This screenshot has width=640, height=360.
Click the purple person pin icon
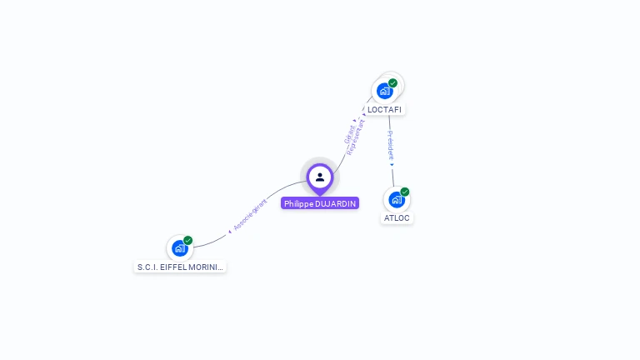320,177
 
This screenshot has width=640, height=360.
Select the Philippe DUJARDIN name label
320,203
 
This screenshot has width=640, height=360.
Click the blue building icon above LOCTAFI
384,90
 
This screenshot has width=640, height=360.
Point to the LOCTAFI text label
384,110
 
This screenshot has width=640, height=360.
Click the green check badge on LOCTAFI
393,82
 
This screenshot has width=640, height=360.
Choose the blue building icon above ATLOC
396,200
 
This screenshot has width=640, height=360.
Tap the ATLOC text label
397,218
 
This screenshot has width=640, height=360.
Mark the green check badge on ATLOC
405,192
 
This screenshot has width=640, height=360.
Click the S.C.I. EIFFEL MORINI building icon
179,248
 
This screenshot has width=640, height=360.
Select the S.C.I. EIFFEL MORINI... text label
180,267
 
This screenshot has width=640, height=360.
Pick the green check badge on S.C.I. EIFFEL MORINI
188,240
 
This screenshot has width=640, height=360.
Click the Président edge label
391,145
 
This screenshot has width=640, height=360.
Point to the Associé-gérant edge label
250,214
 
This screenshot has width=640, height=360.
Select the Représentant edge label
357,137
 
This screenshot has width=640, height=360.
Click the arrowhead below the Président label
392,164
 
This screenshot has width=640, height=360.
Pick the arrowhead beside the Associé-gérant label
229,231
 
